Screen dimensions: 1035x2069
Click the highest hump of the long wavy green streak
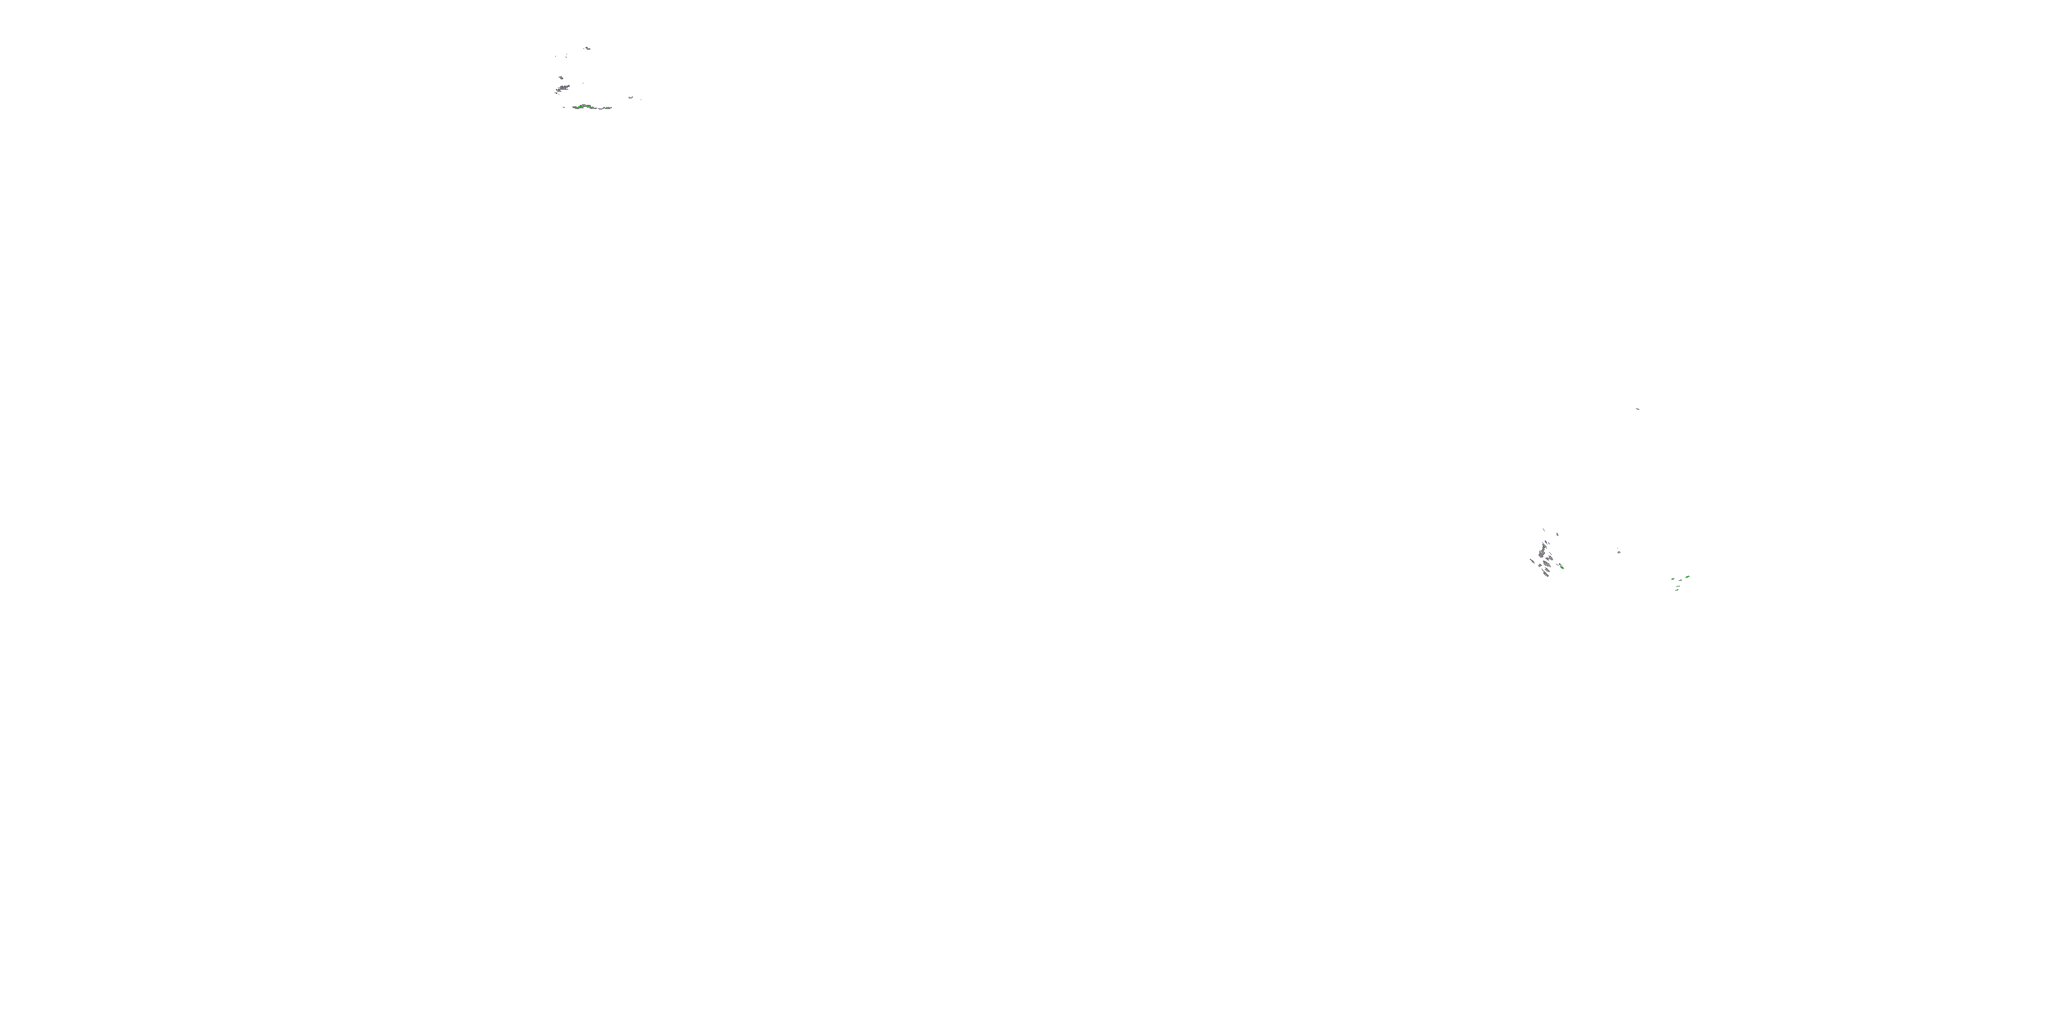click(x=584, y=104)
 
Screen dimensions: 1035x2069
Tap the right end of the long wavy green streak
click(x=611, y=108)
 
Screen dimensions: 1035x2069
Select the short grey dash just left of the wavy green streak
click(x=565, y=107)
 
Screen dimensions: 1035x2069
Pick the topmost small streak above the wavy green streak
click(x=589, y=49)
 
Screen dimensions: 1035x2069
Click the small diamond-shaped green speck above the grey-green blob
click(x=561, y=78)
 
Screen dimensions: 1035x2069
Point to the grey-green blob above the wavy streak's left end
click(x=564, y=88)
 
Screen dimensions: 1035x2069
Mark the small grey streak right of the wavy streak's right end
click(x=630, y=97)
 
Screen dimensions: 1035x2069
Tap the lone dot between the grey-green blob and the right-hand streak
click(x=584, y=83)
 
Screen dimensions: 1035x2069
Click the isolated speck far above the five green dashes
click(x=1638, y=408)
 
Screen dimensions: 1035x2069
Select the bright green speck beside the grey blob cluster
click(x=1562, y=568)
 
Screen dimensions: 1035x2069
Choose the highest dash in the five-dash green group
click(x=1688, y=577)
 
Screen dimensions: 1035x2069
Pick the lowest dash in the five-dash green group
click(x=1677, y=591)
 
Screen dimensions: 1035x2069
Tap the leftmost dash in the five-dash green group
click(x=1673, y=580)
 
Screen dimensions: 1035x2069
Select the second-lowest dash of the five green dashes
click(x=1679, y=586)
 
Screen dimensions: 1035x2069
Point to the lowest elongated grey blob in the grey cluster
click(x=1546, y=575)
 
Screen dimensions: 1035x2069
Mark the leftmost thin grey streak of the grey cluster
click(x=1532, y=562)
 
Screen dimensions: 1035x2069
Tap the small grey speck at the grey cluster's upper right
click(x=1557, y=535)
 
